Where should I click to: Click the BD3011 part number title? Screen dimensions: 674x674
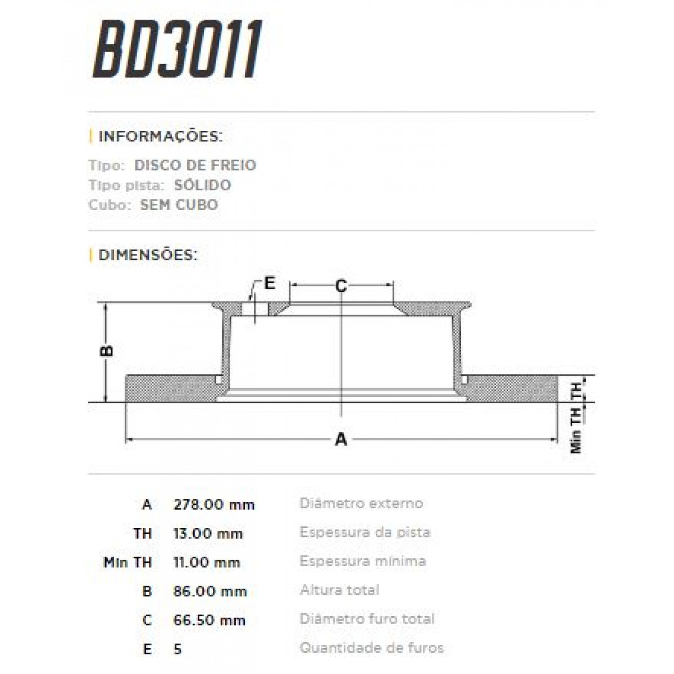pyautogui.click(x=177, y=52)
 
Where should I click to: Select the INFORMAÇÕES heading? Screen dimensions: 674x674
pyautogui.click(x=160, y=136)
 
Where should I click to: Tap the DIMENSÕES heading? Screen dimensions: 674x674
pyautogui.click(x=148, y=254)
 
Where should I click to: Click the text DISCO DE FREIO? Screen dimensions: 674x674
pyautogui.click(x=195, y=165)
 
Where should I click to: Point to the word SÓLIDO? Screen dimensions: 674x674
pyautogui.click(x=202, y=185)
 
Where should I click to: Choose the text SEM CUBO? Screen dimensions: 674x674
pyautogui.click(x=179, y=204)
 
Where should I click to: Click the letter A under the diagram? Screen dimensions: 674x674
pyautogui.click(x=341, y=440)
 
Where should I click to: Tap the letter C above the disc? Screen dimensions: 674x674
pyautogui.click(x=341, y=286)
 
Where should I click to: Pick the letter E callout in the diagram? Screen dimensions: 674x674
pyautogui.click(x=270, y=283)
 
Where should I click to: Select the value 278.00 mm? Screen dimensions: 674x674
pyautogui.click(x=214, y=504)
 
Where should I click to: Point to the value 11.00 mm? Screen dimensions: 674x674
pyautogui.click(x=207, y=562)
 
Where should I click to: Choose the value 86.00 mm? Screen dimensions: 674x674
pyautogui.click(x=210, y=591)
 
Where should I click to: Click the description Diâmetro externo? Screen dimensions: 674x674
pyautogui.click(x=361, y=503)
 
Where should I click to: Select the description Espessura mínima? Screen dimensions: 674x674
pyautogui.click(x=362, y=561)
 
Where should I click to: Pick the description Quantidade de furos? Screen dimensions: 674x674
pyautogui.click(x=371, y=648)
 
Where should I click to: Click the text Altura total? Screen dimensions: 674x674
pyautogui.click(x=339, y=590)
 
